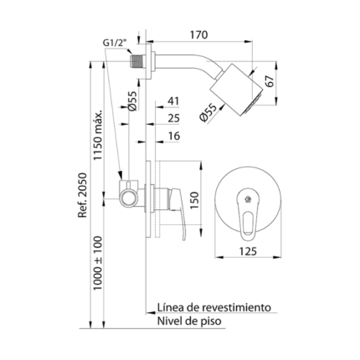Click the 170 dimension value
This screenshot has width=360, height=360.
pyautogui.click(x=198, y=35)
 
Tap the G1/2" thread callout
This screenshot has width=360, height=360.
pyautogui.click(x=115, y=43)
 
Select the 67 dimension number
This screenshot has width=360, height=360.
pyautogui.click(x=270, y=81)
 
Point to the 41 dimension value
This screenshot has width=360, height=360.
pyautogui.click(x=173, y=101)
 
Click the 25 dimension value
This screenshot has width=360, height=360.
pyautogui.click(x=173, y=119)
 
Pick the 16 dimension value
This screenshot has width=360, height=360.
pyautogui.click(x=174, y=136)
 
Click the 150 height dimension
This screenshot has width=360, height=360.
pyautogui.click(x=194, y=200)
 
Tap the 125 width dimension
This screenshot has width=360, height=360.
pyautogui.click(x=248, y=251)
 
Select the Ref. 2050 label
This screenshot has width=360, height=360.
pyautogui.click(x=83, y=195)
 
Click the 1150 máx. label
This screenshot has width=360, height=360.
pyautogui.click(x=98, y=136)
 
